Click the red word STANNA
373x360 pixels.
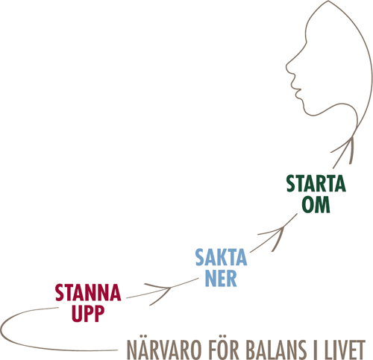pyautogui.click(x=88, y=293)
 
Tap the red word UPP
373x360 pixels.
pyautogui.click(x=88, y=314)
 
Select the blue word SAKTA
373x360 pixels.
pyautogui.click(x=221, y=257)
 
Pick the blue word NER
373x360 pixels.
pyautogui.click(x=221, y=278)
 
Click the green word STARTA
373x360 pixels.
pyautogui.click(x=316, y=183)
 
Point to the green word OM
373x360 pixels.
pyautogui.click(x=316, y=204)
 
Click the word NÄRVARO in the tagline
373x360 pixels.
pyautogui.click(x=164, y=350)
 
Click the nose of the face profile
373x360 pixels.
pyautogui.click(x=286, y=66)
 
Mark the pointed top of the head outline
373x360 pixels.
pyautogui.click(x=328, y=1)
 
